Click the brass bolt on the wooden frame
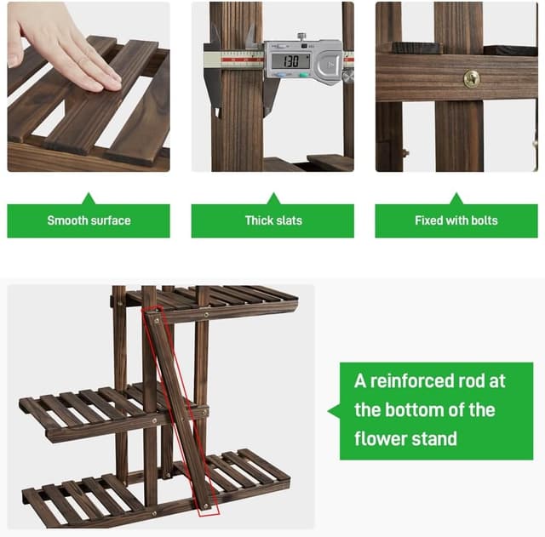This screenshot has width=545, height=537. point(471,79)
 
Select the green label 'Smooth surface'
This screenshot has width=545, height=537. point(89,220)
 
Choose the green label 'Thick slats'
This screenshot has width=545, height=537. point(272,220)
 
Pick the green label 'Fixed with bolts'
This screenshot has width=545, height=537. point(456,220)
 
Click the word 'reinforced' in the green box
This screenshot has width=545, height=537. point(416,380)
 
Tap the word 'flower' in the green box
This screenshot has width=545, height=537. point(384,438)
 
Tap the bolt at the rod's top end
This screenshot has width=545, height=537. point(156,320)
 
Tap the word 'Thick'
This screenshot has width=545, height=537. point(259,220)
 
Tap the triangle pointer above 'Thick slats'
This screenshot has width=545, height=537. point(272,198)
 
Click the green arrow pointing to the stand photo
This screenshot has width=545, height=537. point(334,411)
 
